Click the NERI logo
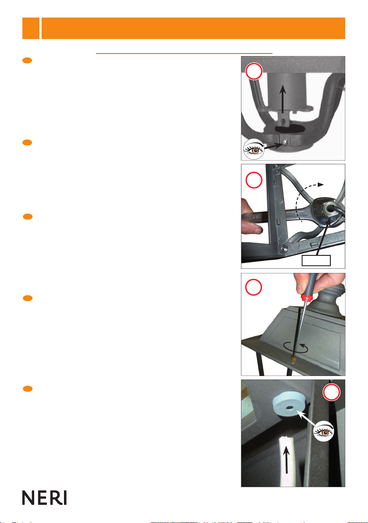pyautogui.click(x=44, y=497)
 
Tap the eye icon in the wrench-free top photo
pyautogui.click(x=253, y=149)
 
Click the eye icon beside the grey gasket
pyautogui.click(x=324, y=431)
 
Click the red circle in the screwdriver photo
pyautogui.click(x=254, y=287)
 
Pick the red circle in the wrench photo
pyautogui.click(x=254, y=180)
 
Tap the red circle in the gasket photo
pyautogui.click(x=331, y=392)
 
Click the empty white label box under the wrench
pyautogui.click(x=316, y=261)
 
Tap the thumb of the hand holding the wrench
pyautogui.click(x=252, y=229)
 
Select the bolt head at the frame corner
pyautogui.click(x=283, y=248)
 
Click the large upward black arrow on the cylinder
pyautogui.click(x=283, y=99)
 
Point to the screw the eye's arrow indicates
pyautogui.click(x=284, y=143)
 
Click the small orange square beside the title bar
pyautogui.click(x=31, y=29)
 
